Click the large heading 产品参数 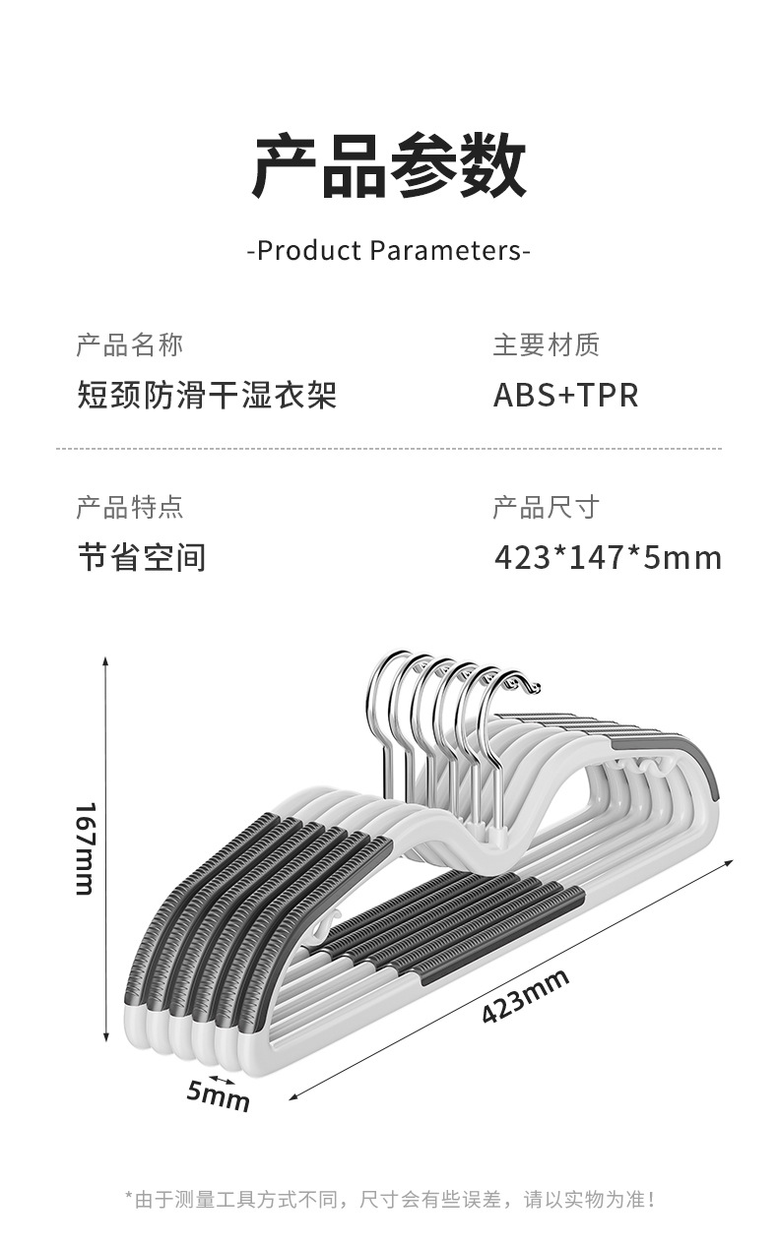point(389,168)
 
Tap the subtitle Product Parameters point(389,250)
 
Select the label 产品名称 point(129,344)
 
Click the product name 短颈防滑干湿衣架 point(207,395)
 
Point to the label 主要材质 point(546,344)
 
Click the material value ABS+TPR point(565,395)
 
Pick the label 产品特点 point(129,507)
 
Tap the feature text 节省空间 point(142,558)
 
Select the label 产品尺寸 point(546,507)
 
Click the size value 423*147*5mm point(608,558)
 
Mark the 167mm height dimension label point(86,848)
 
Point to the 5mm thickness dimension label point(219,1094)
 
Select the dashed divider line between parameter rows point(389,449)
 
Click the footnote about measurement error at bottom point(389,1199)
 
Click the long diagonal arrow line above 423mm point(512,974)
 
